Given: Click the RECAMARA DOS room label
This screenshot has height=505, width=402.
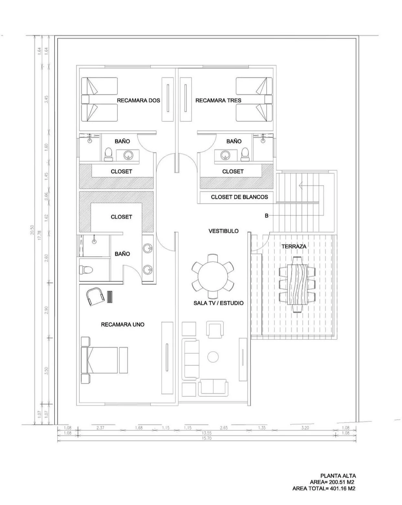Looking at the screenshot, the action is click(138, 100).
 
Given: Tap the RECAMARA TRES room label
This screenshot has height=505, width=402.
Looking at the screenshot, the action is click(218, 100).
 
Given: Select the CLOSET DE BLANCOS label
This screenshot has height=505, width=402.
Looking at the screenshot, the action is click(239, 197).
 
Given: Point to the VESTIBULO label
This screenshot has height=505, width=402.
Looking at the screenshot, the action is click(223, 231).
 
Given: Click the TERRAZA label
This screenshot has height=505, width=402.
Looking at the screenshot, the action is click(294, 247).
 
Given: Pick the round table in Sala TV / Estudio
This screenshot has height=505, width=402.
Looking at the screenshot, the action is click(213, 276).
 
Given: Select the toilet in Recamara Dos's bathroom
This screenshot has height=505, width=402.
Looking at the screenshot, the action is click(108, 154).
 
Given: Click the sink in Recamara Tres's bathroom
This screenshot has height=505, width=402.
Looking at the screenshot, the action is click(225, 155).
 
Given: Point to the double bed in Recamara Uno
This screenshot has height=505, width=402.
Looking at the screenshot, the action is click(99, 360).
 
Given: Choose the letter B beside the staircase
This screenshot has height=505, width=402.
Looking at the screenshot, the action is click(266, 216).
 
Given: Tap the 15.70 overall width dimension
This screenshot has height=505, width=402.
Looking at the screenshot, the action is click(207, 438).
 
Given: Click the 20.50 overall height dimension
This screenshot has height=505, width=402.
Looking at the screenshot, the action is click(32, 230).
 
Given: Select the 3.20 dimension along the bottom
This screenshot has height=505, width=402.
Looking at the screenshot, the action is click(305, 428).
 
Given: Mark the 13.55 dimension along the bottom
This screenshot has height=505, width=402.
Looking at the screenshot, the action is click(207, 433).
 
